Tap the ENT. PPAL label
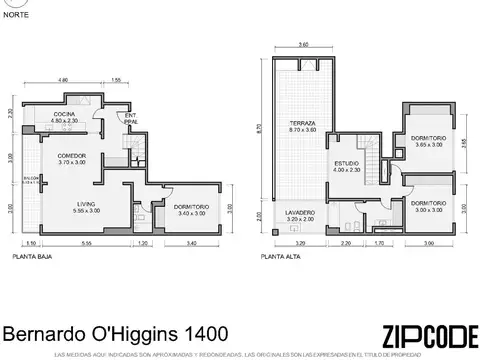click(131, 117)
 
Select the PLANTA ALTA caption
click(281, 257)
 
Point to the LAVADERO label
click(300, 214)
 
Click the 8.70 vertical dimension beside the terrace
click(259, 127)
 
